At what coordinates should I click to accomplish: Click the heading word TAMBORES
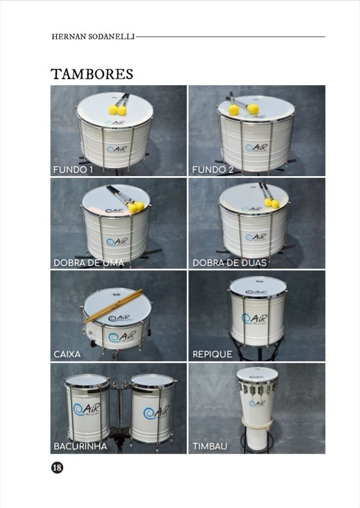click(92, 74)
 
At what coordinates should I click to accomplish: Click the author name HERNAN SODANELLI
click(92, 37)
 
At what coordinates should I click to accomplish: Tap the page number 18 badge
click(57, 467)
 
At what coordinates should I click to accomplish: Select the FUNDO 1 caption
click(73, 170)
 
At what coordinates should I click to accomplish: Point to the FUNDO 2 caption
click(213, 170)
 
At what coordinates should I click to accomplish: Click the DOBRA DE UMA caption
click(89, 263)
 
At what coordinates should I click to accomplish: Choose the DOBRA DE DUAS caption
click(229, 263)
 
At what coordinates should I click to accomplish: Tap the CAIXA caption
click(67, 354)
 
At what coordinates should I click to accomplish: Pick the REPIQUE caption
click(212, 354)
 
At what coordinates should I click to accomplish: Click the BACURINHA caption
click(80, 446)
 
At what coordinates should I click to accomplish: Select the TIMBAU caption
click(209, 446)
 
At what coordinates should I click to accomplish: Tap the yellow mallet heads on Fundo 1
click(117, 110)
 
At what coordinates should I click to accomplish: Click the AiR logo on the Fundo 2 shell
click(256, 147)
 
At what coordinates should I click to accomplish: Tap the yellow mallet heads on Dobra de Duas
click(271, 203)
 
